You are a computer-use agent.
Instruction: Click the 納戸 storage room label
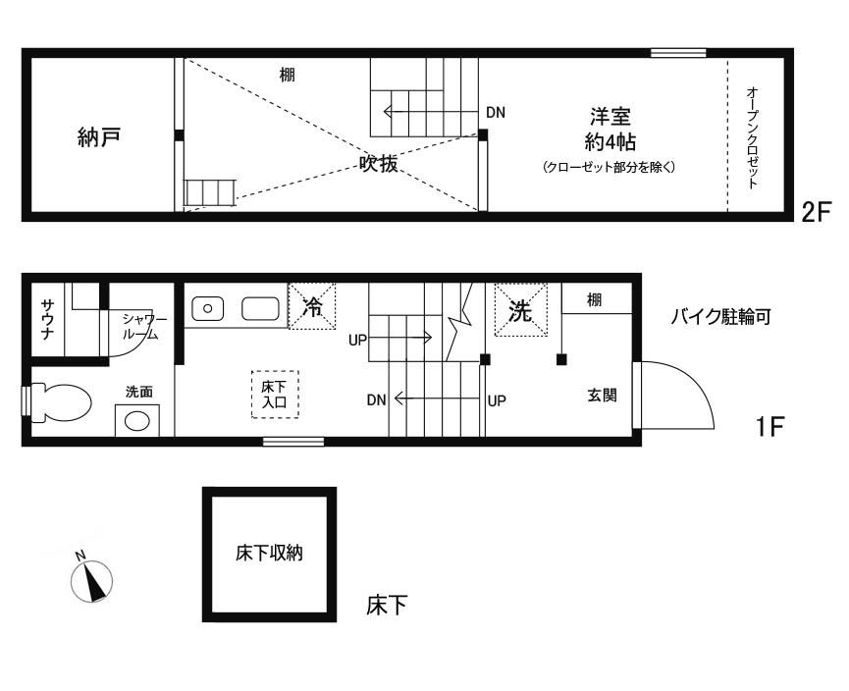[x=100, y=137]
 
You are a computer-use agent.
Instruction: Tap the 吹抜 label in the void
[x=378, y=165]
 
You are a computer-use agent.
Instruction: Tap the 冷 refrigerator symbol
[x=312, y=306]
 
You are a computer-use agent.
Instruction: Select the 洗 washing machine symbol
[x=520, y=310]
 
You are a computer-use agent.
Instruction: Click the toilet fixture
[x=61, y=402]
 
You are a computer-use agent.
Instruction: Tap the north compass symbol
[x=94, y=580]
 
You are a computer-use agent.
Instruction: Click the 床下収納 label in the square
[x=268, y=554]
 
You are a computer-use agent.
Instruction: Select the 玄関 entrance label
[x=602, y=396]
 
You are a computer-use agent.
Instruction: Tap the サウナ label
[x=47, y=319]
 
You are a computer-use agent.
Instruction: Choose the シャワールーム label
[x=144, y=328]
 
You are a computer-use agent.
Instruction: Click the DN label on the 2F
[x=496, y=112]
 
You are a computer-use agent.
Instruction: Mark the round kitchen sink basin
[x=208, y=308]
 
